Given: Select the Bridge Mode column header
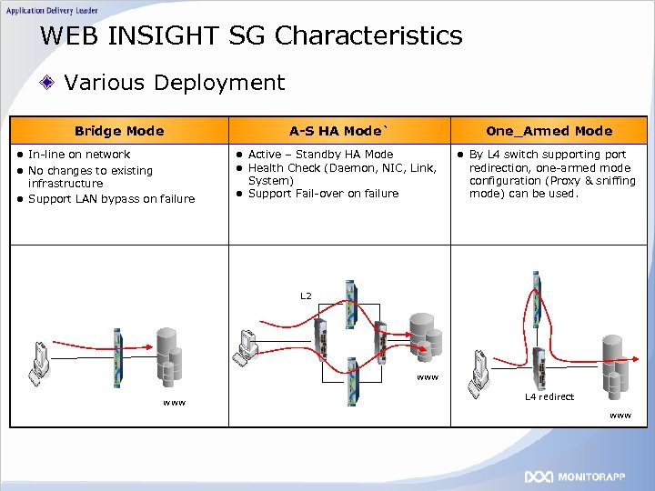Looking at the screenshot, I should [x=119, y=131].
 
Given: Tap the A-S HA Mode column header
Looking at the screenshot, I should [x=338, y=131].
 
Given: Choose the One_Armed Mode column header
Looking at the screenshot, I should [x=549, y=131].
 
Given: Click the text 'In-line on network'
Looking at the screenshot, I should [x=79, y=155].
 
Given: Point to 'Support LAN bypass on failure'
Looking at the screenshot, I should [x=111, y=199].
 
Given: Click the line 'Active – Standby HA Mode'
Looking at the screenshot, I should [x=320, y=155].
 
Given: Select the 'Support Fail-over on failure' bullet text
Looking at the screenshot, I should [x=323, y=194].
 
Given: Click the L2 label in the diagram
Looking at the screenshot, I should [x=306, y=296].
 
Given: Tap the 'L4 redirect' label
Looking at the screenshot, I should [x=549, y=396].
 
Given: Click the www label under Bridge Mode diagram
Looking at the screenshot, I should [x=173, y=402].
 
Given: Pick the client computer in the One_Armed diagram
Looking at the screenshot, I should [x=481, y=368].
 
